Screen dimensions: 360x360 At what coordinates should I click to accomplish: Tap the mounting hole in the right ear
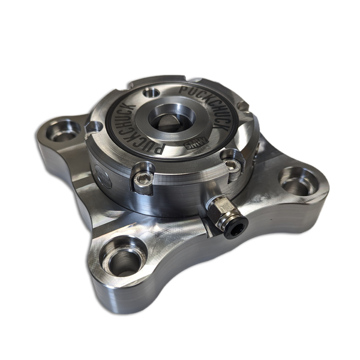click(x=298, y=178)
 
